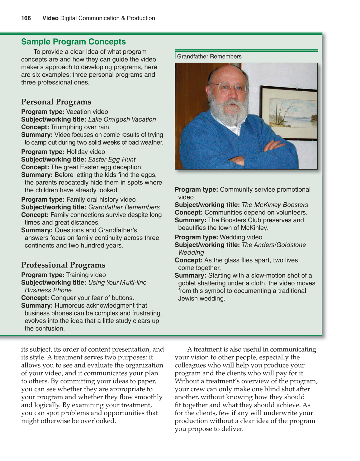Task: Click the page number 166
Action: (x=26, y=18)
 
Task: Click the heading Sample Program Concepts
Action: (x=73, y=42)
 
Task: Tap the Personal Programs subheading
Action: (x=56, y=102)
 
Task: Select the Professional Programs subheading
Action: (x=63, y=265)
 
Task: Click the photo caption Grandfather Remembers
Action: (x=209, y=56)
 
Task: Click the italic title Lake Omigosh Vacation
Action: (x=122, y=119)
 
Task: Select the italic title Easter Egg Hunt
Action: (x=112, y=160)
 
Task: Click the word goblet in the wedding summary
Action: (x=187, y=283)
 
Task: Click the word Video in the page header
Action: (x=50, y=18)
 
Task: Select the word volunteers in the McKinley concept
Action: (x=291, y=213)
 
